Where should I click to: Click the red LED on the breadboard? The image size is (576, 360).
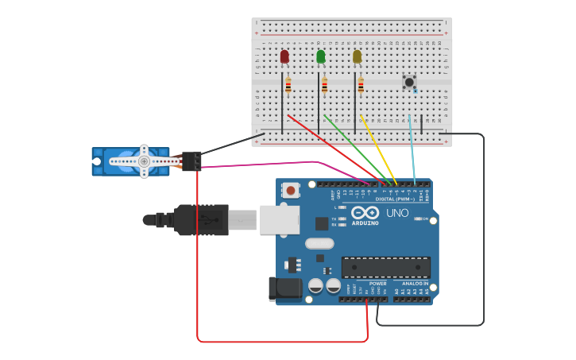click(284, 56)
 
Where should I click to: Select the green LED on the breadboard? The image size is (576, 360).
click(320, 56)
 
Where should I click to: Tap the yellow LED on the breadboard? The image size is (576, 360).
click(357, 56)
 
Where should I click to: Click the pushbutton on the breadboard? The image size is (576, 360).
click(409, 82)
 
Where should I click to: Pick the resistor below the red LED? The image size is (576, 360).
click(288, 85)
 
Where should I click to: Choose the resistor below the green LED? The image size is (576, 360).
click(324, 85)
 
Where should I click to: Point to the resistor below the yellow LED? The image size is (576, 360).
click(361, 85)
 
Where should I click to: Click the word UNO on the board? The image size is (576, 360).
click(397, 213)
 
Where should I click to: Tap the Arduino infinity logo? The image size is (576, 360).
click(365, 212)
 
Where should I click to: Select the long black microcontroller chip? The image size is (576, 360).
click(385, 267)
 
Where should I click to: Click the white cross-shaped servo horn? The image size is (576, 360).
click(144, 161)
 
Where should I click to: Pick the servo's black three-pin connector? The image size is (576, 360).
click(191, 161)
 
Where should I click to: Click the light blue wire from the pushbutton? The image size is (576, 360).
click(412, 151)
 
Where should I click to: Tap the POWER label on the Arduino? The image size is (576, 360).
click(378, 284)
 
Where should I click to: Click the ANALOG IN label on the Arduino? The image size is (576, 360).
click(416, 284)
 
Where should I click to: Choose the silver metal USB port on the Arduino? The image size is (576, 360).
click(279, 220)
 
